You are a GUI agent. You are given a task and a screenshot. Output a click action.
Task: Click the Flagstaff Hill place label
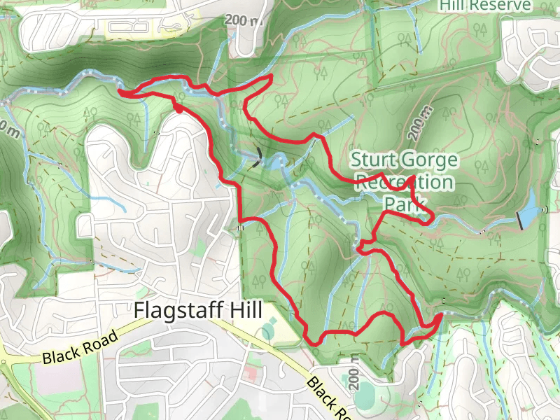click(x=198, y=310)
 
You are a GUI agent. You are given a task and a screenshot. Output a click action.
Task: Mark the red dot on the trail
click(x=179, y=108)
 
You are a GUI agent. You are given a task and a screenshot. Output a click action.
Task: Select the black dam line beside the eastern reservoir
click(x=521, y=220)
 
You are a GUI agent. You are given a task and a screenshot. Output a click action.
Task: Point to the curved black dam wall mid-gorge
click(x=260, y=155)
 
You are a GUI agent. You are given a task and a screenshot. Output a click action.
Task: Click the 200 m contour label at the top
click(x=242, y=20)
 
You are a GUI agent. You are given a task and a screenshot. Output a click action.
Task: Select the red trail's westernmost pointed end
click(x=119, y=90)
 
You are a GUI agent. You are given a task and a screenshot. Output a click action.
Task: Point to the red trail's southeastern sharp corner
click(x=441, y=316)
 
